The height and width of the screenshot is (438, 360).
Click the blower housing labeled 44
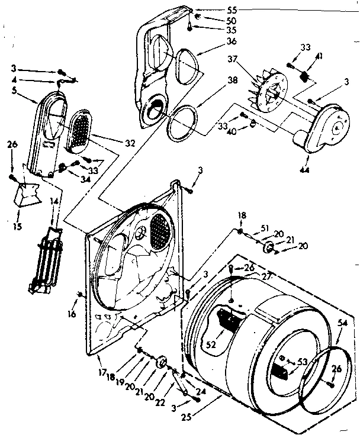click(323, 127)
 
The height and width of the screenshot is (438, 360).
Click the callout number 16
click(71, 314)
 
